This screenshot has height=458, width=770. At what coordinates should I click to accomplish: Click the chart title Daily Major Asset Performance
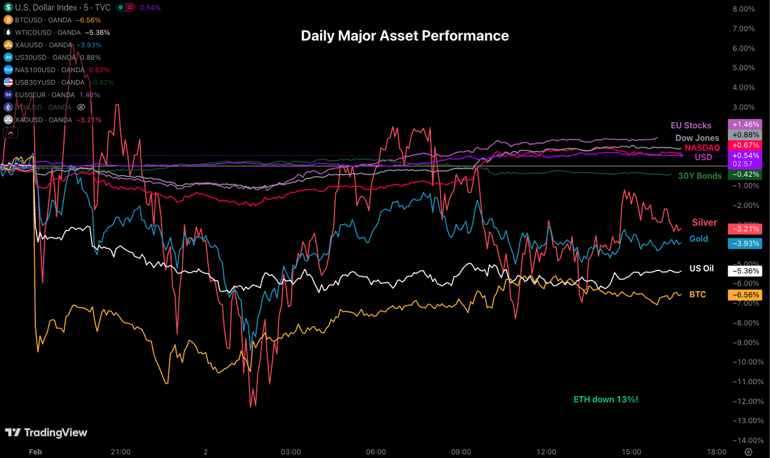(x=405, y=36)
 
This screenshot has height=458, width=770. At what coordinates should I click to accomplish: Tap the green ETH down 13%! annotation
(x=606, y=399)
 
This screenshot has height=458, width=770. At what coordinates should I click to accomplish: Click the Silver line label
(x=704, y=222)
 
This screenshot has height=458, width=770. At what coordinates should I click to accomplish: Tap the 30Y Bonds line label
(x=700, y=176)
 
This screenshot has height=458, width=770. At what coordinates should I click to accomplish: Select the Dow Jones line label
(x=697, y=138)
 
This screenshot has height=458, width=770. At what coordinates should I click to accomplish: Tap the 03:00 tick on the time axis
(x=290, y=451)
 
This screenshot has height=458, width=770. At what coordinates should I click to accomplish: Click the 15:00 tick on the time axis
(x=631, y=451)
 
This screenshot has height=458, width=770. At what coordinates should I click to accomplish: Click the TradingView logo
(x=46, y=433)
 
